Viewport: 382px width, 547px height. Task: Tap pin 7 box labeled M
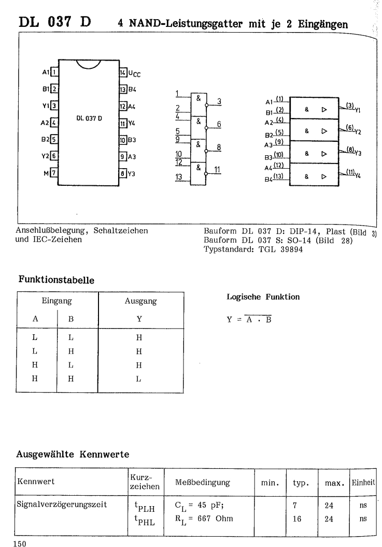(x=54, y=173)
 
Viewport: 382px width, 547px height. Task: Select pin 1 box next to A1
(x=54, y=72)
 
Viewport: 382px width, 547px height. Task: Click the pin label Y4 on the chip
(x=133, y=123)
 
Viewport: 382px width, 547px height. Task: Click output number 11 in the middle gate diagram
(x=217, y=169)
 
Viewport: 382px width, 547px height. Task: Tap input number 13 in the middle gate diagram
(x=179, y=178)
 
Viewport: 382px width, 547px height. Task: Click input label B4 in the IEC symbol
(x=268, y=180)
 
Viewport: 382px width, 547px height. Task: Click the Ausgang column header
(x=141, y=300)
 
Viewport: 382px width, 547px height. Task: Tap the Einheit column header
(x=363, y=483)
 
